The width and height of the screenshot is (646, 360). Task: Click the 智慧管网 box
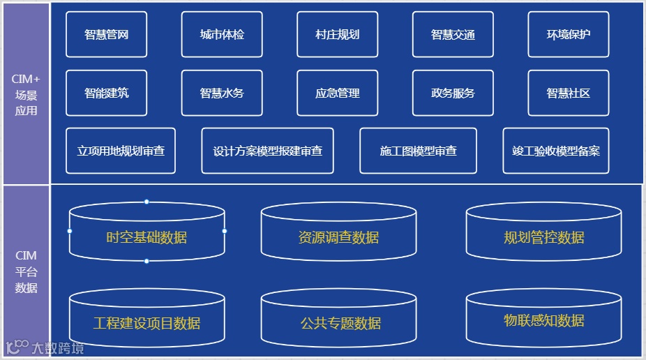[106, 34]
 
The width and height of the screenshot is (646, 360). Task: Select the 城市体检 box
[222, 34]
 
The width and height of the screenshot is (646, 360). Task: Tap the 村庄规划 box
[337, 34]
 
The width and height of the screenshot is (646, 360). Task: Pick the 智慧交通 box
[453, 34]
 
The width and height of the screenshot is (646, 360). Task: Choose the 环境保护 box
[568, 34]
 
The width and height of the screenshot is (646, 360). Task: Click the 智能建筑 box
[106, 93]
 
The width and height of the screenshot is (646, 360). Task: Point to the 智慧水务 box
[222, 93]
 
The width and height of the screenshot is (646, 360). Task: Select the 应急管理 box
[337, 93]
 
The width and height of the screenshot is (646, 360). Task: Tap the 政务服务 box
[453, 93]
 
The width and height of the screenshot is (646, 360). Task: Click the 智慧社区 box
[568, 93]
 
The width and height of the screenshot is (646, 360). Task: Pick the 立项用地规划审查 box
[121, 151]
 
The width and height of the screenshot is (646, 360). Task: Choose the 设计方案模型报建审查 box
[267, 151]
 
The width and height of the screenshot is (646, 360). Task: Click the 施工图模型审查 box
[418, 151]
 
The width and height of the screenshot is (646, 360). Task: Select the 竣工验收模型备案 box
[555, 151]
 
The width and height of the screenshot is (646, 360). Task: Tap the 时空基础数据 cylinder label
[147, 237]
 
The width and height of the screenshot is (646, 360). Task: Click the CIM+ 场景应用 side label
[26, 95]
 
